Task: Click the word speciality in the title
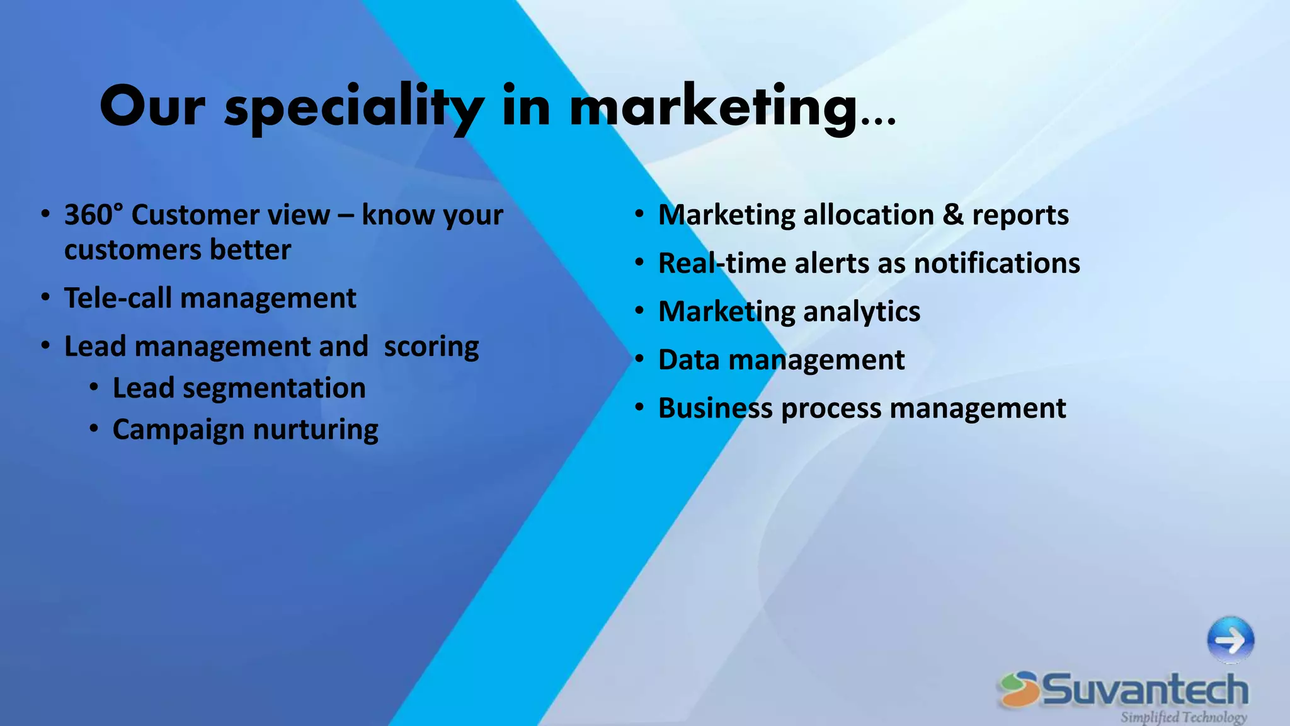(x=355, y=108)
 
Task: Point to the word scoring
(x=431, y=347)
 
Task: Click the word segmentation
(x=274, y=388)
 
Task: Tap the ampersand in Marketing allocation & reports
(x=953, y=215)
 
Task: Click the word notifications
(x=996, y=263)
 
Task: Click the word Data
(x=688, y=360)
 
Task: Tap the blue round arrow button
(x=1230, y=640)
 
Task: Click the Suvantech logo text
(x=1145, y=689)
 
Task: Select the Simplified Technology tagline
(x=1183, y=717)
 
